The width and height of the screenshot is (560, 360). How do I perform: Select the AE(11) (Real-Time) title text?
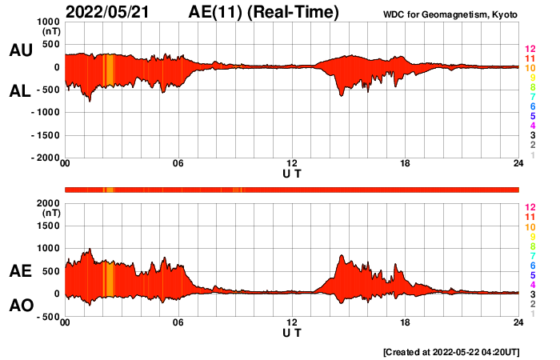point(264,13)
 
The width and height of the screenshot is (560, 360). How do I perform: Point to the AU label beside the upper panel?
point(21,50)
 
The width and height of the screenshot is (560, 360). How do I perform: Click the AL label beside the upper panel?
point(21,91)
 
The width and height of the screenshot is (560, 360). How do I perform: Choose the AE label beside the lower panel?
point(21,272)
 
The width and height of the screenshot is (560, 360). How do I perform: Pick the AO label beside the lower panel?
point(21,306)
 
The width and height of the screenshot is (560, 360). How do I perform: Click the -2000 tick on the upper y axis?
point(44,158)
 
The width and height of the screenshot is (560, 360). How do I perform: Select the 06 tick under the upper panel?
point(178,164)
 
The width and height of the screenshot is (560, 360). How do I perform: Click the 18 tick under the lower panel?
point(405,322)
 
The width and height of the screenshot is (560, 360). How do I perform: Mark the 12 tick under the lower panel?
point(292,322)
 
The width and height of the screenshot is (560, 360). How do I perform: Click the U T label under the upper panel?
point(292,173)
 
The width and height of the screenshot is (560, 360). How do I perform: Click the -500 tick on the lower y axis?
point(47,317)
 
